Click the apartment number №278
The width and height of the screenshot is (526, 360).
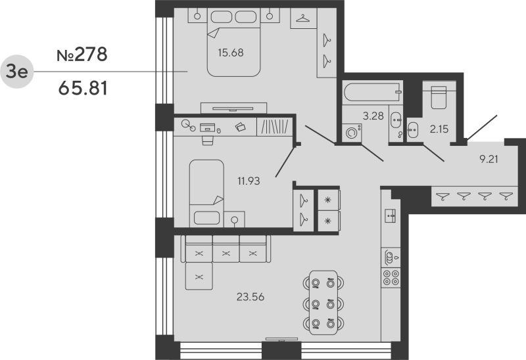[82, 55]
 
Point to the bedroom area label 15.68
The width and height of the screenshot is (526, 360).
[231, 53]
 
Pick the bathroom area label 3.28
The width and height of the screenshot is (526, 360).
[374, 117]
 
